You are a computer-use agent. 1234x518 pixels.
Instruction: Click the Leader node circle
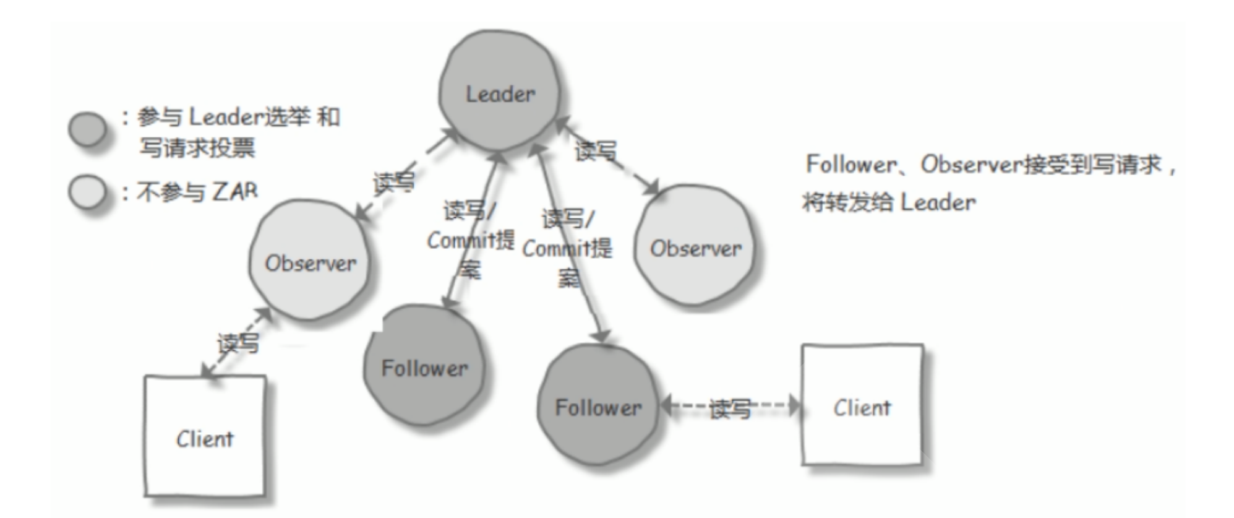click(499, 91)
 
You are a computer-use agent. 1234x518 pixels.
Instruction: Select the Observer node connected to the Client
click(309, 261)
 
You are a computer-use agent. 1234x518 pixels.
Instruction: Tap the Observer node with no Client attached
click(695, 246)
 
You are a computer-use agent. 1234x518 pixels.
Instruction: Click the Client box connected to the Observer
click(205, 436)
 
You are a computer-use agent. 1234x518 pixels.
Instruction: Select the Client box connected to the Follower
click(862, 405)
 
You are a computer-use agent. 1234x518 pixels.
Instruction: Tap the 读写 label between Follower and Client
click(730, 408)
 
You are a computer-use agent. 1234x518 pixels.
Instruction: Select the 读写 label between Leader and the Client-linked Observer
click(393, 183)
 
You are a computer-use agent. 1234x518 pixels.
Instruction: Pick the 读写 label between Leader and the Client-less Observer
click(596, 151)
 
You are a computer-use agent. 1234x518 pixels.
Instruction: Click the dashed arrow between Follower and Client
click(730, 406)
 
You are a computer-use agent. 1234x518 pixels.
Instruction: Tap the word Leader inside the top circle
click(500, 94)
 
